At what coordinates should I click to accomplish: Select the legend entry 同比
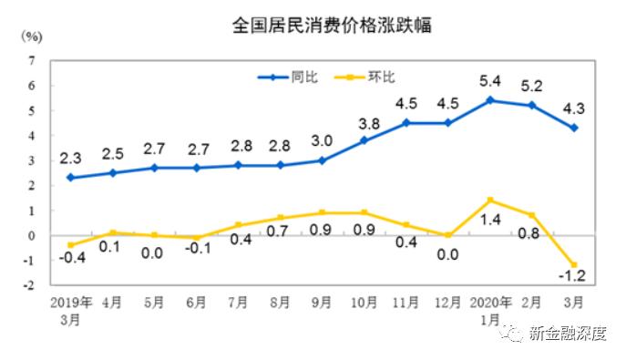point(291,77)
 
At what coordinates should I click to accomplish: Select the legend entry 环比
point(383,77)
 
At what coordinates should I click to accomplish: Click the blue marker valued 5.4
point(491,100)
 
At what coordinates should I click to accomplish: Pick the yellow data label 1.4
point(490,221)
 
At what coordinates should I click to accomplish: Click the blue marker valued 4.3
point(575,128)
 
